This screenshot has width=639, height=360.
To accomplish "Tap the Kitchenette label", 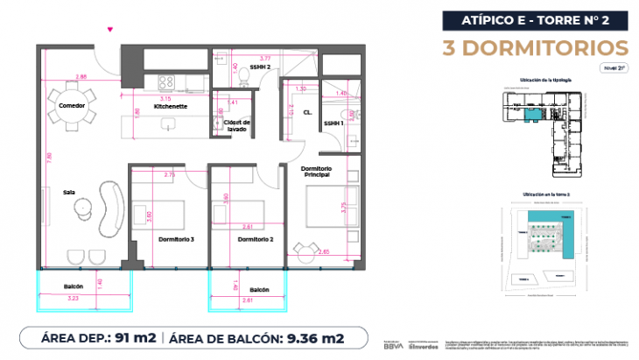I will [171, 106].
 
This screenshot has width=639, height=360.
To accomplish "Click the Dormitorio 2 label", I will [256, 238].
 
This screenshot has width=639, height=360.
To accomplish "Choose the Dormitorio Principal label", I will [318, 172].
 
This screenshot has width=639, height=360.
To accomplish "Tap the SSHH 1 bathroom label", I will [334, 124].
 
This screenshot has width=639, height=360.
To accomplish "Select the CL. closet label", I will [308, 113].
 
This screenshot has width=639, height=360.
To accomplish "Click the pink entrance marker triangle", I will [109, 31].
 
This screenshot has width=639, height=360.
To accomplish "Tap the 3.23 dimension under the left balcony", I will [73, 300].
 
